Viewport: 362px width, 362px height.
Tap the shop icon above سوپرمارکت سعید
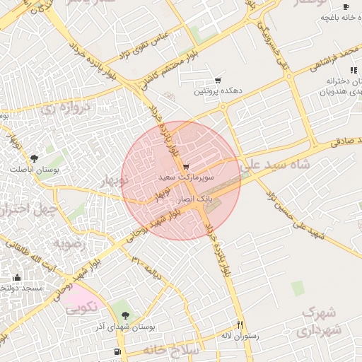[x=186, y=167]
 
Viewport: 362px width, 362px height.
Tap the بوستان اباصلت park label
[x=34, y=170]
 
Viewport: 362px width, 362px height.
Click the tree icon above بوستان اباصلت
[x=34, y=158]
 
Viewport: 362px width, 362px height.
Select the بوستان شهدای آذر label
[x=126, y=327]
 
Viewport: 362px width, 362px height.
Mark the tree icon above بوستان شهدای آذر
[x=126, y=315]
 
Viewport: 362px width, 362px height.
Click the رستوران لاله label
[x=240, y=336]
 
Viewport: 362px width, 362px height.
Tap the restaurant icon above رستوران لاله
[x=240, y=324]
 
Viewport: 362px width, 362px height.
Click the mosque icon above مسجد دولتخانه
[x=18, y=277]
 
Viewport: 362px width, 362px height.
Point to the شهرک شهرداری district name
[x=322, y=321]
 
